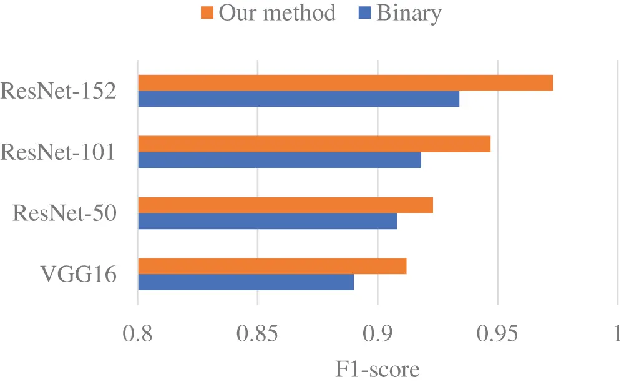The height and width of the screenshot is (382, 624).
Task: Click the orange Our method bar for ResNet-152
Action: click(345, 82)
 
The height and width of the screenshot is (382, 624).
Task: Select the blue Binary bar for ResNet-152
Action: click(298, 99)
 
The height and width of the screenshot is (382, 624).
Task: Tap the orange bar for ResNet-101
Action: click(314, 144)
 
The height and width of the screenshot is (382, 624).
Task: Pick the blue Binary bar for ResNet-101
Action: click(279, 160)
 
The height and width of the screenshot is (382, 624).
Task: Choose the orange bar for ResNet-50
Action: click(285, 205)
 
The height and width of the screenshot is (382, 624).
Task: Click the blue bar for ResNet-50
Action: click(267, 221)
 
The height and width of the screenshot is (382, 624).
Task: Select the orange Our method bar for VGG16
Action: click(272, 266)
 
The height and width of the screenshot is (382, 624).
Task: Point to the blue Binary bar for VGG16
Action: click(246, 282)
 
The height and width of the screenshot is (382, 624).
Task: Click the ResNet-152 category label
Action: click(59, 91)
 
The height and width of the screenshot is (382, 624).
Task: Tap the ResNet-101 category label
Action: click(59, 152)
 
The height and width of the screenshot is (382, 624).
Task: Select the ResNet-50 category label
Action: click(65, 213)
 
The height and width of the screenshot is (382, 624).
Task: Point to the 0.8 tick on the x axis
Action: click(137, 335)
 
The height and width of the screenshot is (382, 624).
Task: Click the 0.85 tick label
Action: click(257, 335)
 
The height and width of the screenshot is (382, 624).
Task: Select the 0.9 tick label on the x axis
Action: click(377, 335)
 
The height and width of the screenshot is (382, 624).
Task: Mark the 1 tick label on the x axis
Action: click(617, 335)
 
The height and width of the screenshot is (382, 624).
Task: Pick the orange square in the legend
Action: click(208, 13)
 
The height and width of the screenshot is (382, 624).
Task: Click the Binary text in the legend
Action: click(409, 13)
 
